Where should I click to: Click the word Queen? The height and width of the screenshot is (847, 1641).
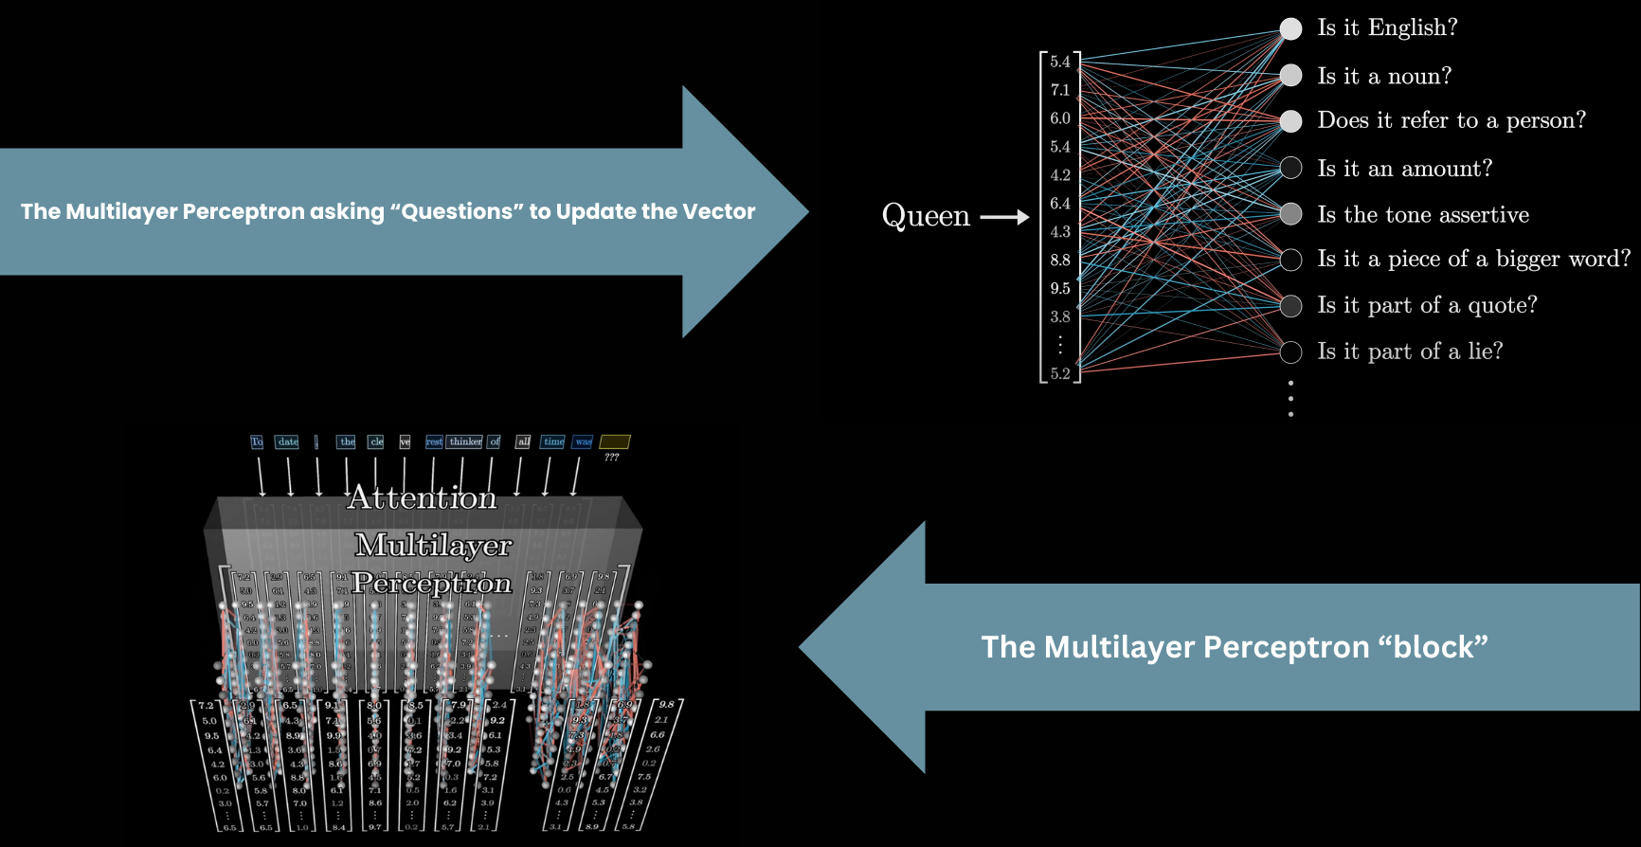pos(926,216)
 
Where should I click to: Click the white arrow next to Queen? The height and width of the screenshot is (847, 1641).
pos(1003,217)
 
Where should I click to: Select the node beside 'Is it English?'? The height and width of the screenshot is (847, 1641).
pos(1290,28)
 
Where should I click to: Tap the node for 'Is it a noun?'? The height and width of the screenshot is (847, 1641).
pos(1290,76)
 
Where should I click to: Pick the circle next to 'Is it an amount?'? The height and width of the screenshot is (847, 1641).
pos(1290,168)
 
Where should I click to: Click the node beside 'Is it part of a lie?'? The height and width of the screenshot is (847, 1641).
pos(1290,352)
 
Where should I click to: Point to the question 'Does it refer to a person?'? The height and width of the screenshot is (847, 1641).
pos(1451,120)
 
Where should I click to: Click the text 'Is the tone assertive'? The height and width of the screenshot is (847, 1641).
pos(1422,215)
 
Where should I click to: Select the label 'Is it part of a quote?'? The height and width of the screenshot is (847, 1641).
pos(1427,305)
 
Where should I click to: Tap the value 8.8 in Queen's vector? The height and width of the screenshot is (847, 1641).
pos(1059,260)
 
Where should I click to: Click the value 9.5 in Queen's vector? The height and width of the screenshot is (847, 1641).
pos(1059,288)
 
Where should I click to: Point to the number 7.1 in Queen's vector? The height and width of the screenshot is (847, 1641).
pos(1059,90)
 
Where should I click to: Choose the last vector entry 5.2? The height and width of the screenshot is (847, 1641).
pos(1059,373)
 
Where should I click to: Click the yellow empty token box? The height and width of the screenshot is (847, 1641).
pos(615,442)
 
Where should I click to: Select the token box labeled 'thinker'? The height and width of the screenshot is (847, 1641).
pos(465,442)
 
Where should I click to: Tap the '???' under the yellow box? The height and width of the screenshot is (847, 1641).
pos(612,458)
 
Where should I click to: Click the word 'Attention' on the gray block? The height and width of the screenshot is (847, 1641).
pos(422,497)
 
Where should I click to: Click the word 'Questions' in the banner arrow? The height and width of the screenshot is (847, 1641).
pos(460,211)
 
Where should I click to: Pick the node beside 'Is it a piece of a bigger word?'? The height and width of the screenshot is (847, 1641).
pos(1290,260)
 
